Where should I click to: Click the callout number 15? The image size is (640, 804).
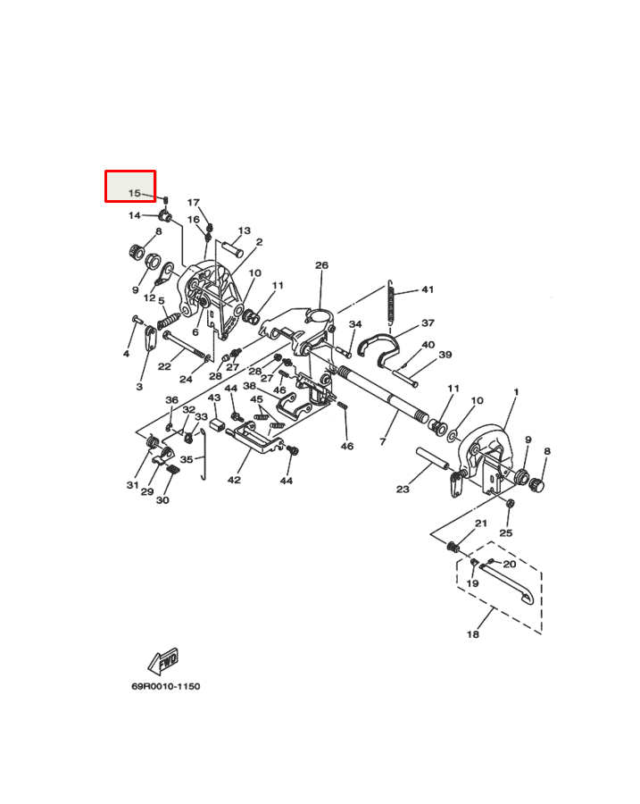coord(134,193)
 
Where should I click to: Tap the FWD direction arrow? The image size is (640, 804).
coord(162,662)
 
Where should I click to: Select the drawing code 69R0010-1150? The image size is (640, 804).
coord(166,686)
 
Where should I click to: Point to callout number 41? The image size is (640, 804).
coord(428,290)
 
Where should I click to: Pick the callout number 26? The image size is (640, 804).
coord(321,265)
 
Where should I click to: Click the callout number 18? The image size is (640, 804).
coord(472,634)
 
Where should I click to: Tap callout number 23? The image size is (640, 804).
coord(403,489)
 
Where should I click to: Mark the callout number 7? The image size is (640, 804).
coord(383,441)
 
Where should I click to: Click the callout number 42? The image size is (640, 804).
coord(234,480)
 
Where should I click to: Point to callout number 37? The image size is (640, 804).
coord(428,323)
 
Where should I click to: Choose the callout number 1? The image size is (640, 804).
coord(515,393)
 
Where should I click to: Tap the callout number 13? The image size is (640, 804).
coord(244,230)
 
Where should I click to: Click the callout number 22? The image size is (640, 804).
coord(164,366)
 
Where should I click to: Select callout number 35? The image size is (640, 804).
coord(187,459)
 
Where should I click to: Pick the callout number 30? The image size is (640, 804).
coord(162,500)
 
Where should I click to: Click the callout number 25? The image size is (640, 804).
coord(506,532)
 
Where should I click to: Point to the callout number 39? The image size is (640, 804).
coord(445,355)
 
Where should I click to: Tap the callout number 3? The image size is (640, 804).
coord(139,387)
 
